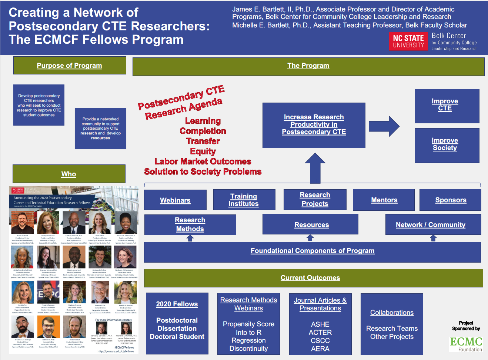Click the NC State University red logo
[408, 41]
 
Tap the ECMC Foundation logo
[466, 344]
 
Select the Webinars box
[175, 200]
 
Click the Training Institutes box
[244, 200]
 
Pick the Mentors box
[384, 200]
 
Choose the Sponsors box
[450, 200]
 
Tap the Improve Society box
[447, 145]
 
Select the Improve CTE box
[447, 106]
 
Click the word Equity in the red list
[203, 151]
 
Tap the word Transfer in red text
[203, 141]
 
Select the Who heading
[69, 174]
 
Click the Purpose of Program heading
[69, 66]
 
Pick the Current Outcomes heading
[310, 278]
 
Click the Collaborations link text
[392, 313]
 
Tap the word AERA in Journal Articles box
[320, 349]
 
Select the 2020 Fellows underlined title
[177, 304]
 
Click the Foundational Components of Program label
[312, 251]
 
